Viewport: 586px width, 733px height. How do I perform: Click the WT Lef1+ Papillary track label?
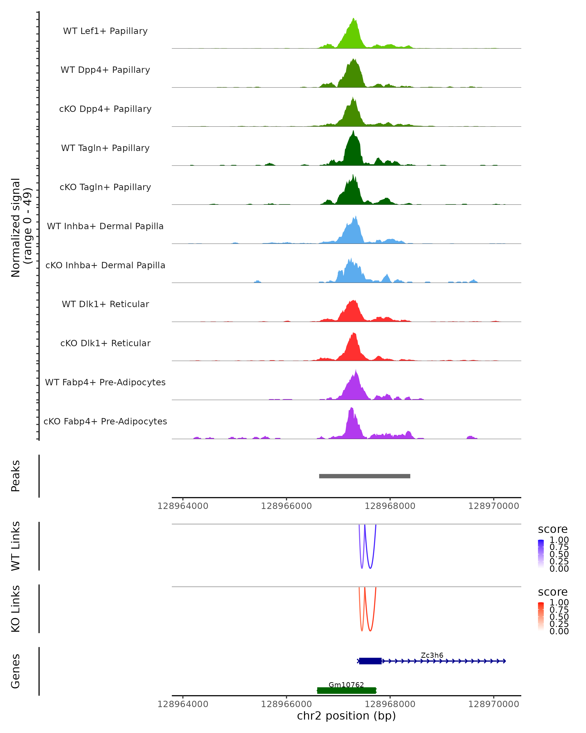point(105,31)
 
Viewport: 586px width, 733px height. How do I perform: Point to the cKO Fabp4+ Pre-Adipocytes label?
point(105,421)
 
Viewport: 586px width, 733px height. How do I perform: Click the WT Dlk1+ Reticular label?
point(105,304)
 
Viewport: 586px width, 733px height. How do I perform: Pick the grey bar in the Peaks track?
point(365,476)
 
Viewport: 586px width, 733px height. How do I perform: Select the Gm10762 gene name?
point(346,685)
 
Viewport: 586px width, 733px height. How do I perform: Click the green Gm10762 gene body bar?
point(346,690)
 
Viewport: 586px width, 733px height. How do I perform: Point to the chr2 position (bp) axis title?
point(346,716)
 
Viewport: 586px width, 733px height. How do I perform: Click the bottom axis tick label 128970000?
point(494,704)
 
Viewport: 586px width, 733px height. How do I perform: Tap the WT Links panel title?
point(16,546)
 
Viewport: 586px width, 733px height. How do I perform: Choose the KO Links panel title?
point(16,609)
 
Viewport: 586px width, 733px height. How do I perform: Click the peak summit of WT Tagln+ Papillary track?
point(353,131)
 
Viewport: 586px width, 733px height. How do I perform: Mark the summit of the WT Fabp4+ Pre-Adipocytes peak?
point(356,370)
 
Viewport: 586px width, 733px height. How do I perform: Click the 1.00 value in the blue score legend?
point(559,540)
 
